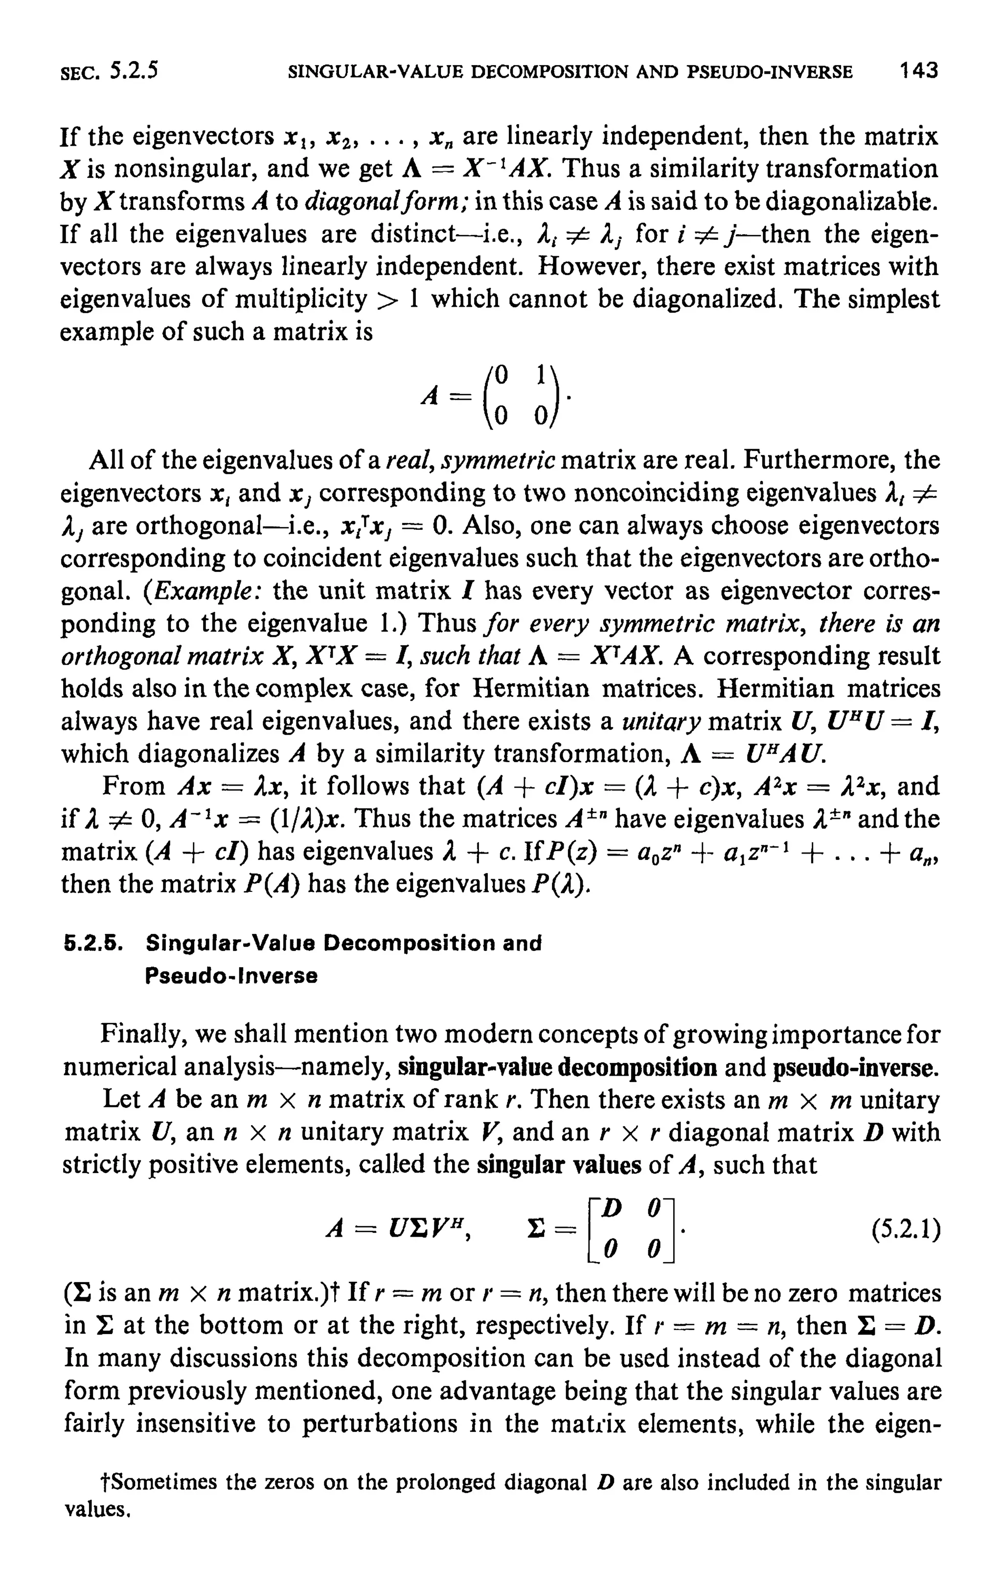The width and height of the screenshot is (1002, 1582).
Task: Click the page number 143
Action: click(918, 71)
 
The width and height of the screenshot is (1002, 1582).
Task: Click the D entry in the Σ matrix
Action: click(613, 1209)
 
